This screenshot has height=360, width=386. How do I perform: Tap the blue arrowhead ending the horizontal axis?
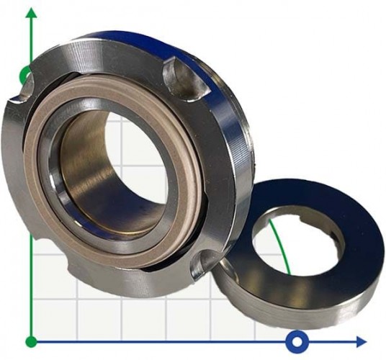[x=360, y=341]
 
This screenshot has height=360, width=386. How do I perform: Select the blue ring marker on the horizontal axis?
[x=296, y=340]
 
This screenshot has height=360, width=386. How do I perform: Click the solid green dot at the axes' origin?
[x=31, y=341]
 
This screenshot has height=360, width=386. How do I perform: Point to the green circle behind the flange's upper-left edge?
[x=26, y=74]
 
